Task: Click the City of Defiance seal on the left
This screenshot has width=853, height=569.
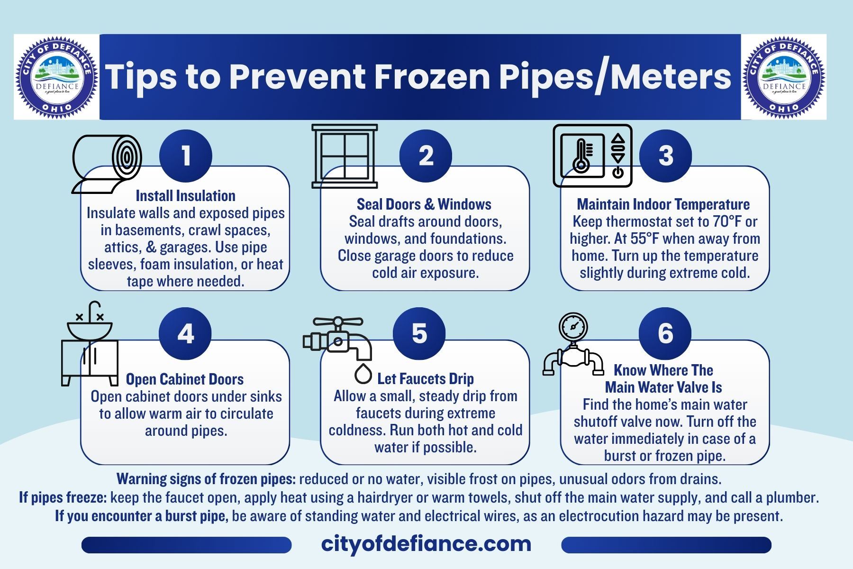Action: coord(57,77)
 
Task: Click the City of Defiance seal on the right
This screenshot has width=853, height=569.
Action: coord(784,77)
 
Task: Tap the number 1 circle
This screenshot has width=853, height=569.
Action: coord(186,156)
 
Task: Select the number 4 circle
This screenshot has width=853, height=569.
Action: coord(185,333)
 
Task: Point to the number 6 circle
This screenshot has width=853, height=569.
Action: coord(665,333)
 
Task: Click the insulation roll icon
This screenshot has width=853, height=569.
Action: coord(107,164)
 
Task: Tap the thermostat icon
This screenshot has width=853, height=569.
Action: coord(593,156)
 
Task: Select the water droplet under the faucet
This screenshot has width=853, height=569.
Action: coord(363,374)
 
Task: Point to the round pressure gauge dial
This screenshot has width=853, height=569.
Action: coord(573,327)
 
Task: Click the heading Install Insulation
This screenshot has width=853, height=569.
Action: coord(186,196)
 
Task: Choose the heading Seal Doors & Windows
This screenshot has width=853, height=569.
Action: coord(424,204)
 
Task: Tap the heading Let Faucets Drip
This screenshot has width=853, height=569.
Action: coord(426,379)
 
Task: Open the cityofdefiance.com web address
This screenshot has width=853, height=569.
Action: coord(426,544)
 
